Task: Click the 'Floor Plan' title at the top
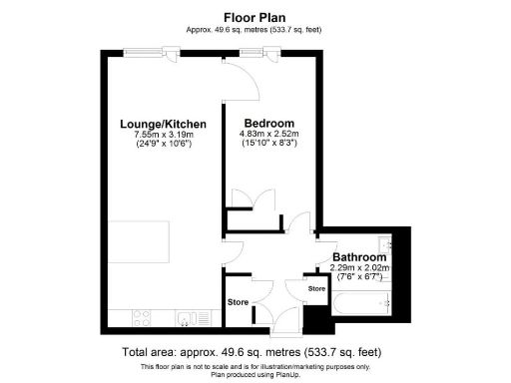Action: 255,16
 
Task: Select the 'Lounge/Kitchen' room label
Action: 163,124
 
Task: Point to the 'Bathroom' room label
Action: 359,256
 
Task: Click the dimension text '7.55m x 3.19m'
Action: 163,135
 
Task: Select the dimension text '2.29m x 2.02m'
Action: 359,267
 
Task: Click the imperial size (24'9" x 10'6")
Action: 163,146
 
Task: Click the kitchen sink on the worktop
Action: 186,318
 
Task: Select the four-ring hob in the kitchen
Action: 140,318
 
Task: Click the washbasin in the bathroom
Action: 385,245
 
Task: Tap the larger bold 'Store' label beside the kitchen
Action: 238,301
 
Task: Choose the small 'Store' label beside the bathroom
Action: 316,289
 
